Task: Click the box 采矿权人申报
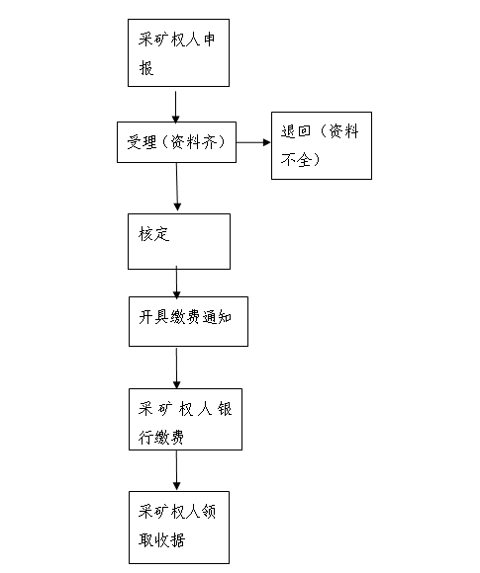coord(178,53)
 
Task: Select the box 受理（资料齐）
coord(176,142)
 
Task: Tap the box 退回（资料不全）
coord(322,146)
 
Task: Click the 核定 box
coord(179,242)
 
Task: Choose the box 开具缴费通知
coord(188,322)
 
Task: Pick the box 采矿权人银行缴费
coord(185,419)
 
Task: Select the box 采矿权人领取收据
coord(179,528)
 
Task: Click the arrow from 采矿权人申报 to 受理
coord(176,107)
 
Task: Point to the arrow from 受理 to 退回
coord(253,142)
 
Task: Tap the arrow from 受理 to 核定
coord(177,187)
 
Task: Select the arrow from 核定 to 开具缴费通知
coord(176,283)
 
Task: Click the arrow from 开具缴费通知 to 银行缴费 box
coord(176,368)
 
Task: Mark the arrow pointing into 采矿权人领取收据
coord(176,470)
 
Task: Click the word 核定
coord(153,234)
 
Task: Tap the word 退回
coord(296,131)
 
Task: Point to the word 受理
coord(143,142)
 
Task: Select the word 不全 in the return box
coord(296,160)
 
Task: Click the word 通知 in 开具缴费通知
coord(217,317)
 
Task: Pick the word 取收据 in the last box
coord(162,539)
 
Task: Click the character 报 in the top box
coord(146,68)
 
